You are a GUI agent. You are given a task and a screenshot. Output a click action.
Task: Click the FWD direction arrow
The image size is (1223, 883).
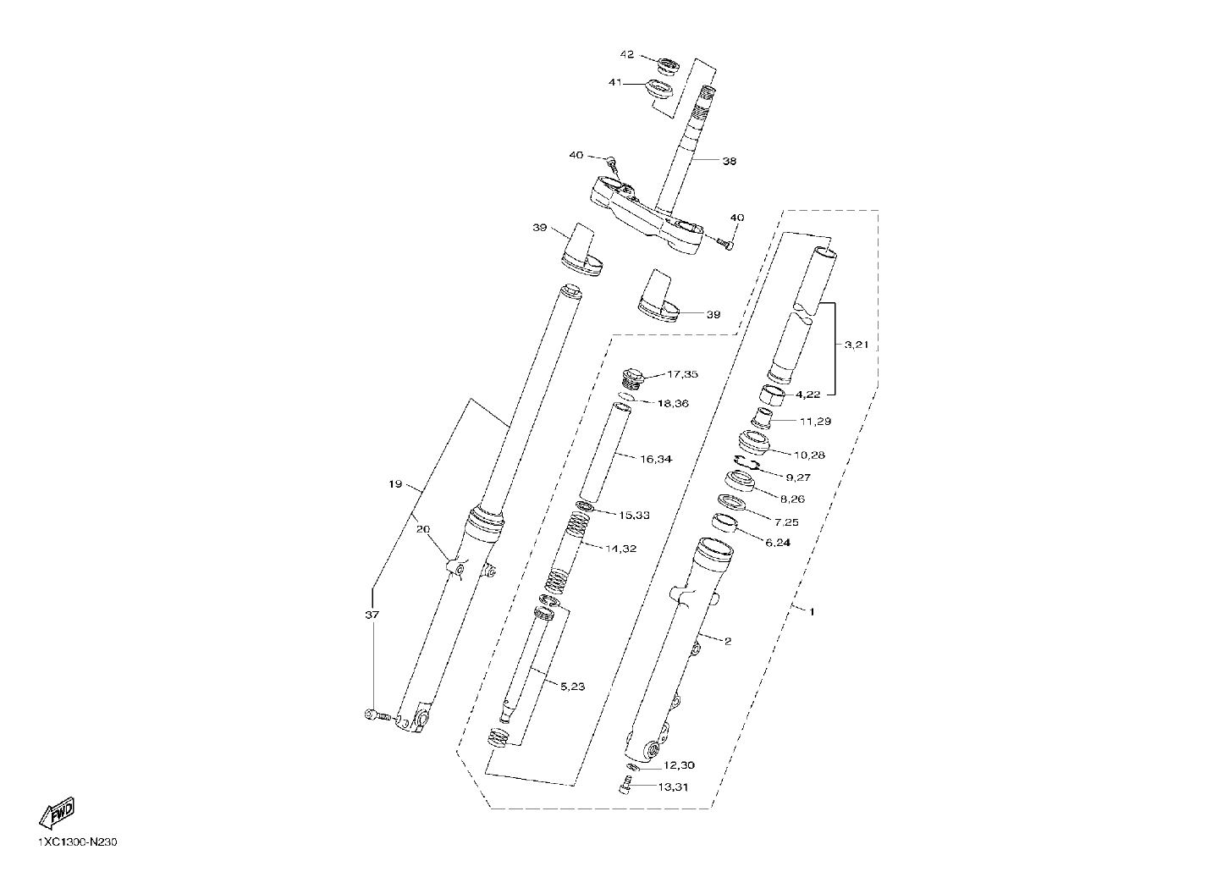click(x=57, y=814)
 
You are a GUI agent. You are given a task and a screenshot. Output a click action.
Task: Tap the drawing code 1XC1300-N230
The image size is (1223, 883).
click(x=78, y=842)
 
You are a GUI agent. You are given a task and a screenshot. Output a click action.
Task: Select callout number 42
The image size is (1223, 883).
click(x=627, y=55)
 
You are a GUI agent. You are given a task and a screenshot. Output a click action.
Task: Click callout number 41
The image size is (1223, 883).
click(x=616, y=82)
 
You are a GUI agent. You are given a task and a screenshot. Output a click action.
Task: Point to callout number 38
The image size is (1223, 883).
click(x=730, y=161)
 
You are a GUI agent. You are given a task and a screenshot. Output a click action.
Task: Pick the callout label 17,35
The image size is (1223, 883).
click(x=682, y=374)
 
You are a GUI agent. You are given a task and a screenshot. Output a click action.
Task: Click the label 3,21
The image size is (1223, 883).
click(x=857, y=345)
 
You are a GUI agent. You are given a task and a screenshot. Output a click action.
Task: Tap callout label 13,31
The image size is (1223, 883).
click(x=673, y=787)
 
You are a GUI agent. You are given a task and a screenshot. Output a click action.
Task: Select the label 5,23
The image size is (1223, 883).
click(x=573, y=687)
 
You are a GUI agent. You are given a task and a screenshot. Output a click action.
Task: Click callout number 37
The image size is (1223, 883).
click(x=372, y=615)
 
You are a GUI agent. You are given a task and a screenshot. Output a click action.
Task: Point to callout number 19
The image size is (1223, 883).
click(x=395, y=483)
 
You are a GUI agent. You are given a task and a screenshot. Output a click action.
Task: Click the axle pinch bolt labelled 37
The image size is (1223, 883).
click(x=377, y=715)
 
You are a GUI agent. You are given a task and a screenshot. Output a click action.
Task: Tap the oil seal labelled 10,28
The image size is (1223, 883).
click(x=753, y=442)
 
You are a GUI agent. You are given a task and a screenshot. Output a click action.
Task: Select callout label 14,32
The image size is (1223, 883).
click(x=620, y=549)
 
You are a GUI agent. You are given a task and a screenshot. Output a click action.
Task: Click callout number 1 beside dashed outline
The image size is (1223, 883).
click(x=812, y=613)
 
